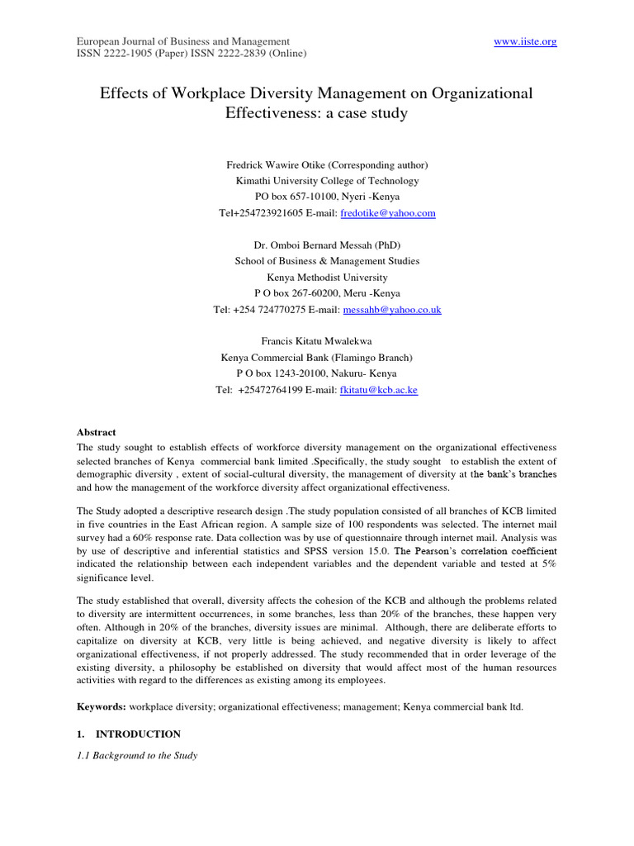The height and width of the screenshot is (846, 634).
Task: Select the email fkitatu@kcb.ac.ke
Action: tap(378, 390)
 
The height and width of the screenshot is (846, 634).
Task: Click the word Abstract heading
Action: tap(97, 432)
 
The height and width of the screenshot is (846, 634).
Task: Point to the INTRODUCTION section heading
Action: tap(138, 734)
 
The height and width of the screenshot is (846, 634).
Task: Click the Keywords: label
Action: tap(102, 707)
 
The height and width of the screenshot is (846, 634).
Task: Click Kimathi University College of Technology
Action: tap(316, 181)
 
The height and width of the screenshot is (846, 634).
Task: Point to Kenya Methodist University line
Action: tap(316, 278)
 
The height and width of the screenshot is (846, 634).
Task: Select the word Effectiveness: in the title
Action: tap(274, 113)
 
